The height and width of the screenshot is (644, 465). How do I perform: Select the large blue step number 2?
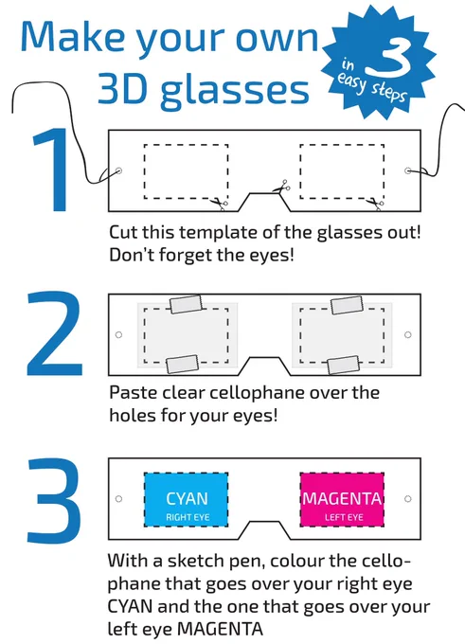pos(54,333)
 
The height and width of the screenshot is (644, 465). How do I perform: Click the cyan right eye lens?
pos(186,499)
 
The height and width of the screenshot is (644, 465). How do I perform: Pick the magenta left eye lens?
pos(342,499)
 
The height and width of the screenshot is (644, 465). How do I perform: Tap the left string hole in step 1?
pos(119,170)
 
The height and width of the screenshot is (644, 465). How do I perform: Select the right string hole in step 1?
pos(408,170)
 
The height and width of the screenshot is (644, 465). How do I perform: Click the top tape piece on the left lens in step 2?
pos(186,304)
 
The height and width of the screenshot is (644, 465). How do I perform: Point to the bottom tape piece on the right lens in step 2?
pos(343,365)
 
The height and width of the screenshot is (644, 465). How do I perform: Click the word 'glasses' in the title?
pos(234,90)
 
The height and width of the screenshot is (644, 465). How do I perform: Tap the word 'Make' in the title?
pos(73,36)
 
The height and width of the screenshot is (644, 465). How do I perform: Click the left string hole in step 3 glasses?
pos(119,498)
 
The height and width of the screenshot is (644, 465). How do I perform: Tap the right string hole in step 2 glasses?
pos(408,334)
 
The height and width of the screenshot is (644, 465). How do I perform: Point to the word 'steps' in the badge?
pos(388,92)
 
